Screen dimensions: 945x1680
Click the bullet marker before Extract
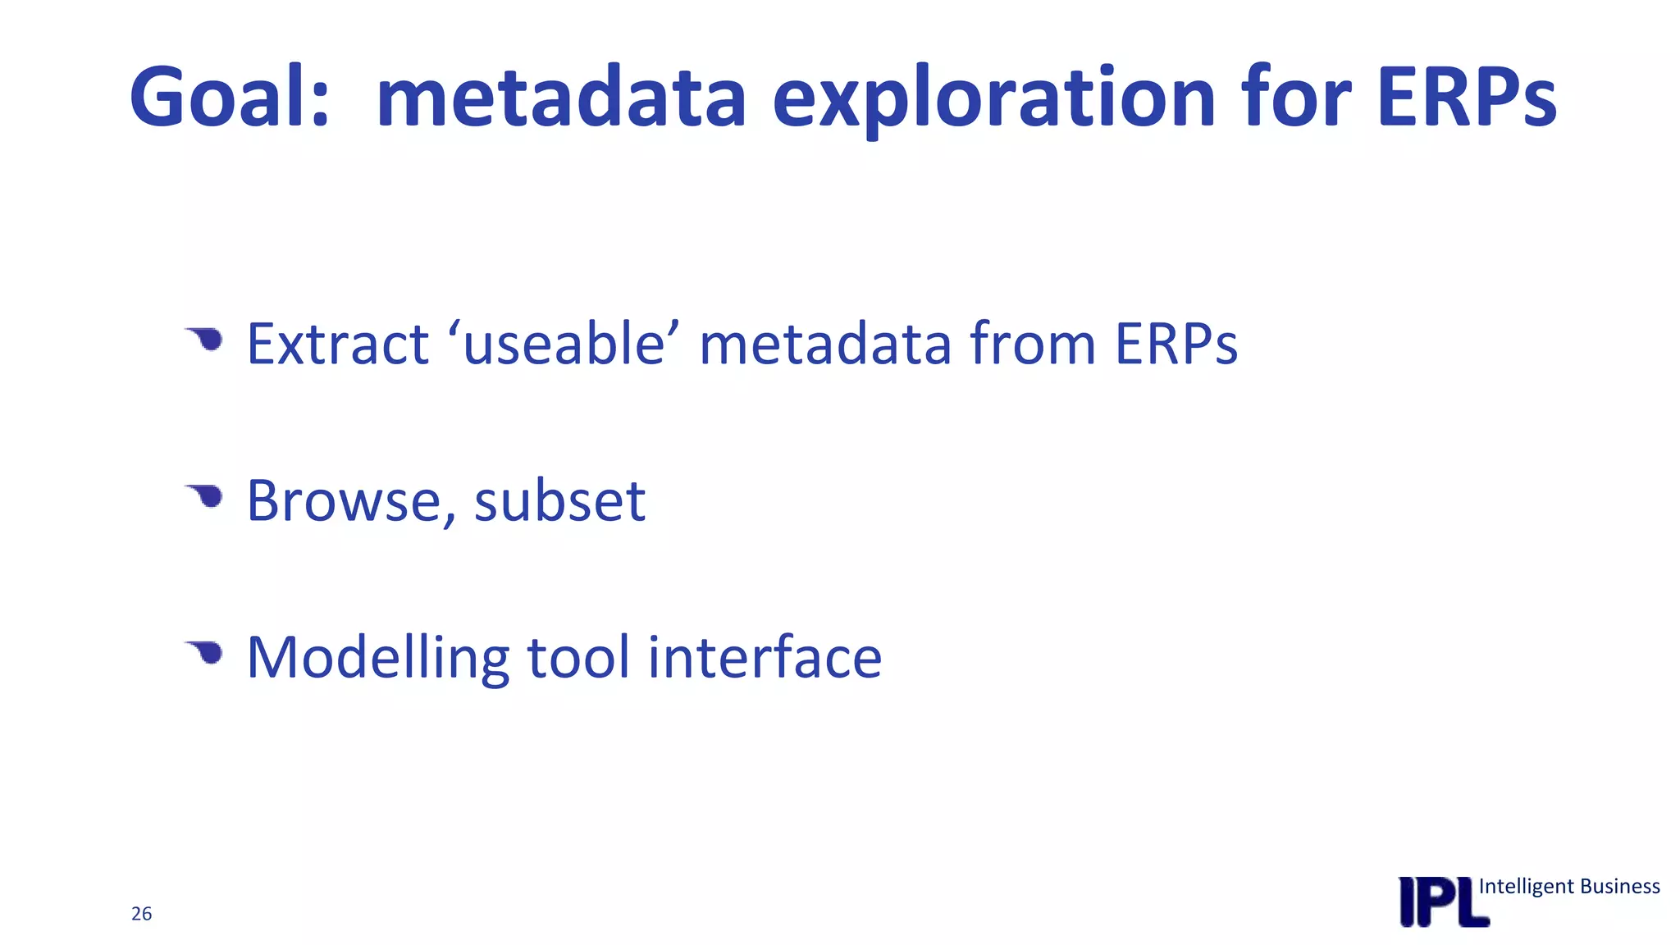click(x=205, y=339)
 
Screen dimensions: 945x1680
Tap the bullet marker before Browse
click(x=205, y=495)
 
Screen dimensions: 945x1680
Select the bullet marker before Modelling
click(x=205, y=653)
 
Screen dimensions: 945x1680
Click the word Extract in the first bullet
click(x=337, y=344)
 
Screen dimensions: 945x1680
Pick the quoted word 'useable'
click(x=564, y=344)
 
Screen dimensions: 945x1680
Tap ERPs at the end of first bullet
click(x=1176, y=344)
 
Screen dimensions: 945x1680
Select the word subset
click(x=559, y=500)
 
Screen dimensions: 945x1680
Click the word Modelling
click(x=378, y=659)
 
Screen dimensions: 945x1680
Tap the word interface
click(x=765, y=657)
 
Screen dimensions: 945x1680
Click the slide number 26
click(x=141, y=914)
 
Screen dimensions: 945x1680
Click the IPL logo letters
click(x=1443, y=902)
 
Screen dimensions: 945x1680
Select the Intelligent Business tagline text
click(x=1568, y=887)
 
